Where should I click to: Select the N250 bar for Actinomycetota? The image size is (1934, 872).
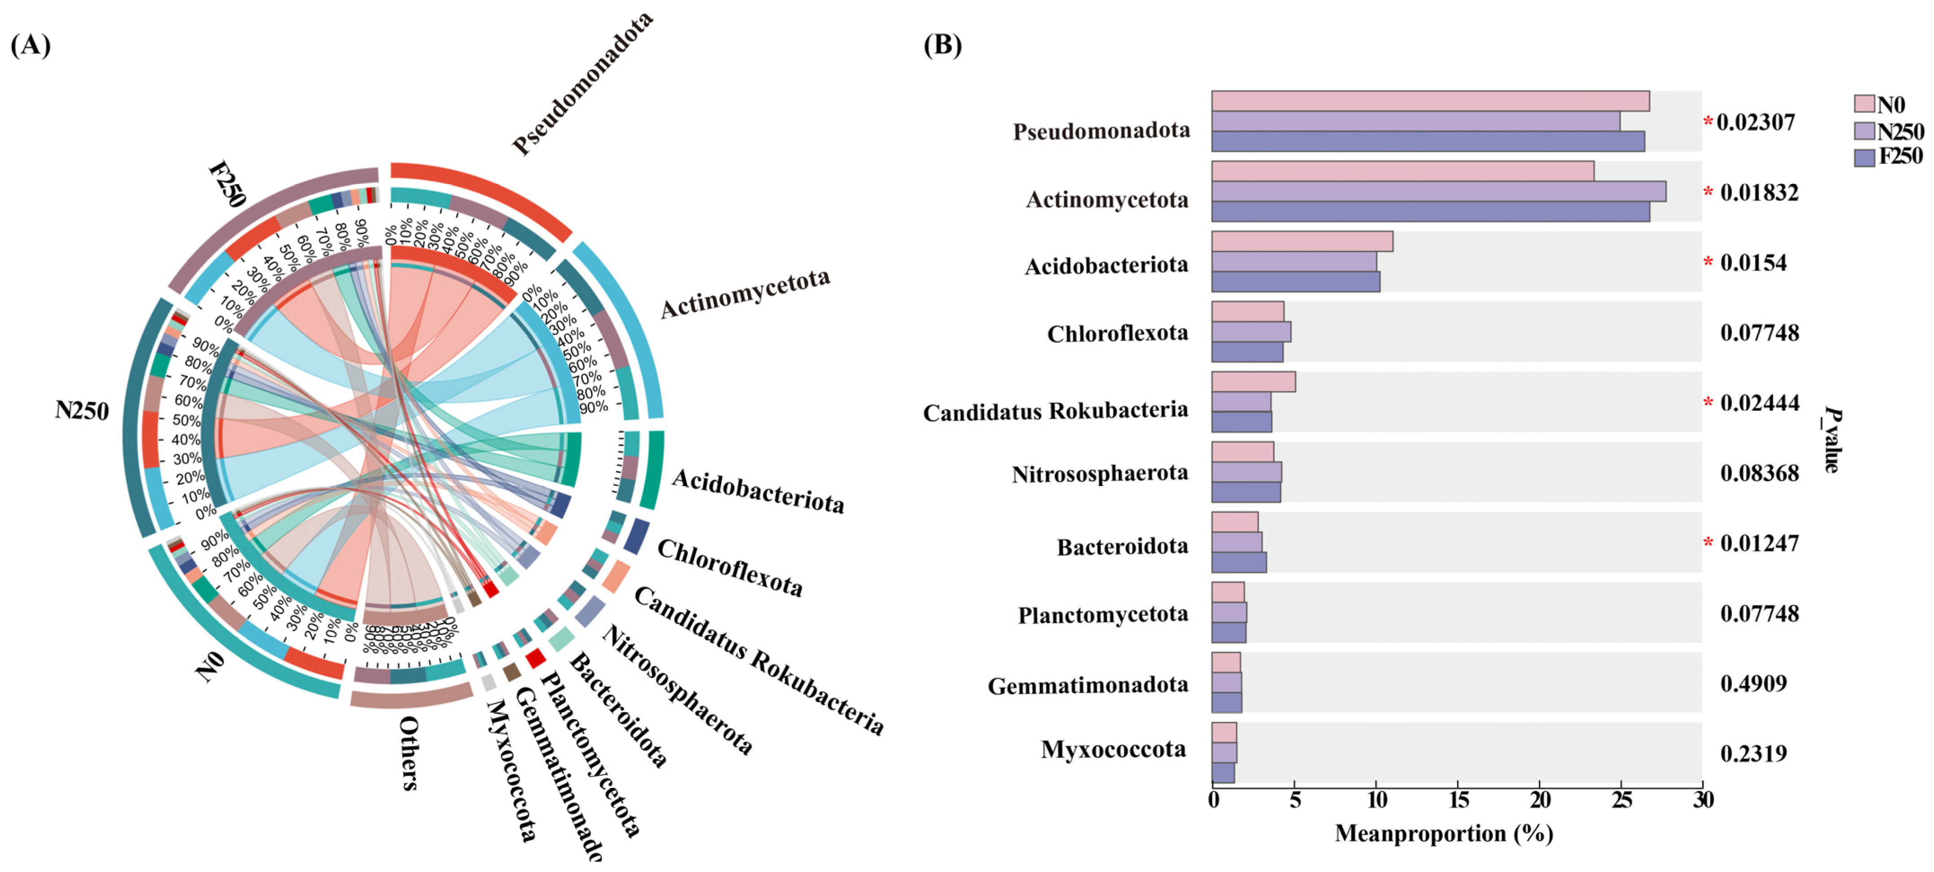click(1438, 191)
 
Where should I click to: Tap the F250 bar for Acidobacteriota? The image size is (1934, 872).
click(1295, 282)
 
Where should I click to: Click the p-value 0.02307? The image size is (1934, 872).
click(1755, 123)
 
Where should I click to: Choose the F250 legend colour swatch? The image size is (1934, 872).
click(1864, 157)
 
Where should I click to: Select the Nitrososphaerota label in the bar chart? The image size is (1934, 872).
click(1099, 474)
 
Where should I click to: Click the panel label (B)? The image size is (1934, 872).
click(942, 45)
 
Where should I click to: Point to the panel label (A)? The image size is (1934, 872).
click(31, 45)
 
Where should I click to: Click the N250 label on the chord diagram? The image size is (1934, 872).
click(82, 411)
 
